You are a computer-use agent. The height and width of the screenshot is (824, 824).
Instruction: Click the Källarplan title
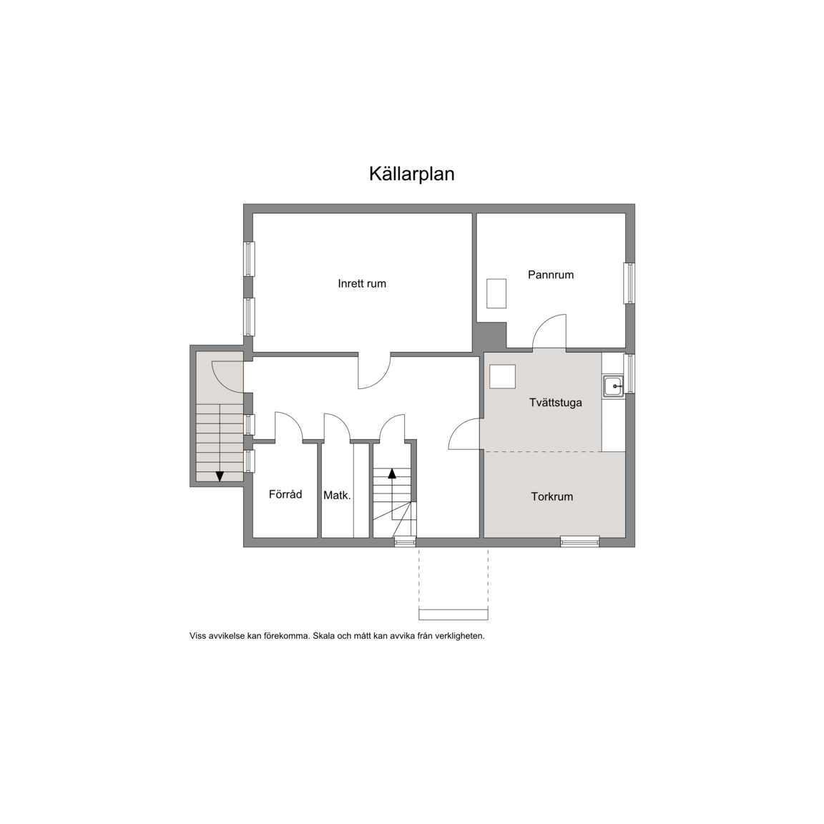411,174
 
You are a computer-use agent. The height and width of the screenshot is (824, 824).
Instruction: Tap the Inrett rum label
362,284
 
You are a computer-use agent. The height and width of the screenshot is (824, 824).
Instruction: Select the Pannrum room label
551,275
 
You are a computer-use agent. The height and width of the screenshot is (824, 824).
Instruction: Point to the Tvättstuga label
556,403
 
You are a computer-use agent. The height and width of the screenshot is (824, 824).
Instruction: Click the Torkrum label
551,496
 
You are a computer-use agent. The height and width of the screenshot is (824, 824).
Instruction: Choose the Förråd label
285,494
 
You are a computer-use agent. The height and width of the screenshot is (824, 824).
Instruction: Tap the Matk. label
337,495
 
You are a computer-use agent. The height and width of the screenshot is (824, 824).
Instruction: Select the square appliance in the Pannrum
496,294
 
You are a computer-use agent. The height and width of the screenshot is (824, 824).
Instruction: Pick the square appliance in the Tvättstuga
502,376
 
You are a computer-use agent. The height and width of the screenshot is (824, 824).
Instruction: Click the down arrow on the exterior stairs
220,476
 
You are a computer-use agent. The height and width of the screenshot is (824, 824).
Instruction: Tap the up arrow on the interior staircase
392,474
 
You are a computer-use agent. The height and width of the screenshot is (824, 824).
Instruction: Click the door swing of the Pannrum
549,331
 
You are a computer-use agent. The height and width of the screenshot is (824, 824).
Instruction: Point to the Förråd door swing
289,426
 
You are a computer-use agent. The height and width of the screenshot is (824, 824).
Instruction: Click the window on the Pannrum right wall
629,283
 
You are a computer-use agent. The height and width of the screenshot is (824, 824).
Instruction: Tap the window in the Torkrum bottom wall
579,541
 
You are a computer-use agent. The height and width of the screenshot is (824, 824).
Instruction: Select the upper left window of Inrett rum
249,258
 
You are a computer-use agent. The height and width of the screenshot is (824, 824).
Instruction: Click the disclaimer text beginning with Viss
337,636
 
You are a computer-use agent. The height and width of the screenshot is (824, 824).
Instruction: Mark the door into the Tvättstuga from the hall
464,434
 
